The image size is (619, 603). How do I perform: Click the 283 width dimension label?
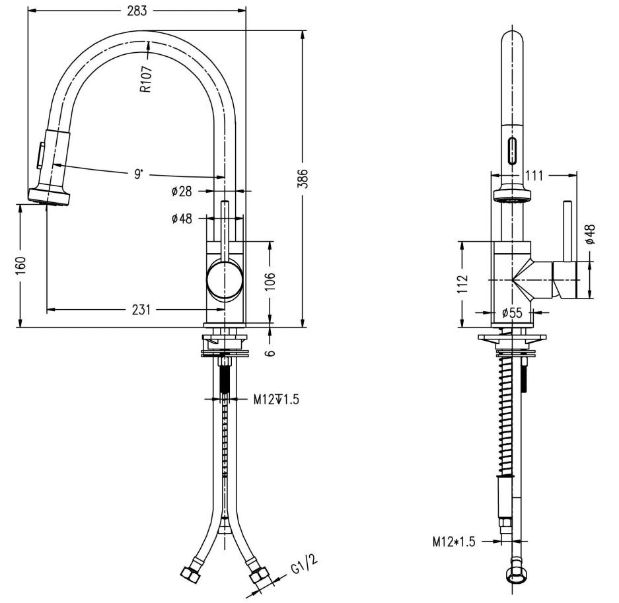tap(137, 11)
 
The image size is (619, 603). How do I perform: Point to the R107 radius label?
tap(146, 79)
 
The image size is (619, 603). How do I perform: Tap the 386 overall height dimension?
tap(303, 179)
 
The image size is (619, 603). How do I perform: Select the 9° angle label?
tap(138, 174)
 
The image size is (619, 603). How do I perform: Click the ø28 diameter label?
tap(182, 192)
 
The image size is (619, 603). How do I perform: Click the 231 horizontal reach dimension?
tap(141, 310)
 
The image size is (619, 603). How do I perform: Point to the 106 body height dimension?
tap(270, 281)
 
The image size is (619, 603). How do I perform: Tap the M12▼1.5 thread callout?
tap(276, 400)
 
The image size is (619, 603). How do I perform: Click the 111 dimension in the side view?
tap(534, 175)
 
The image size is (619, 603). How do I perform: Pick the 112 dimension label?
tap(462, 284)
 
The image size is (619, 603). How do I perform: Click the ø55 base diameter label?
tap(512, 313)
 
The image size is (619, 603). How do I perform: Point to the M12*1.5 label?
tap(454, 542)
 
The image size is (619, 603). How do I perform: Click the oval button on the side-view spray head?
tap(512, 151)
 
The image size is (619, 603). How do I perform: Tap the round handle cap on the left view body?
tap(224, 279)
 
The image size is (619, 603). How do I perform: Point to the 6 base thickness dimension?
tap(270, 353)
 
